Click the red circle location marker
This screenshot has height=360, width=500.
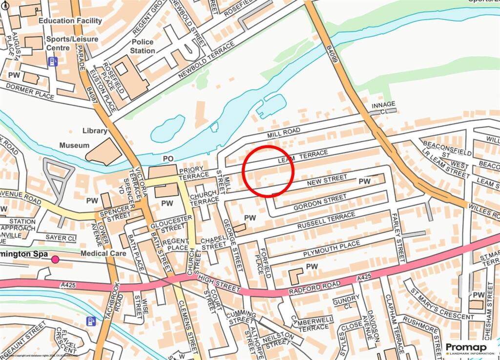click(x=268, y=171)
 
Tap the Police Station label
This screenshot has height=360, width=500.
click(x=143, y=46)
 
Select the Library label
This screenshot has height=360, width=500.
click(x=95, y=131)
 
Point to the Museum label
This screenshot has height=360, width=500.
click(x=74, y=145)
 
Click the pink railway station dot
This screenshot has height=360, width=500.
click(x=55, y=259)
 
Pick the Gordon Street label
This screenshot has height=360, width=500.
click(x=320, y=202)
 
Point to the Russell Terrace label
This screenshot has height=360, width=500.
click(x=327, y=221)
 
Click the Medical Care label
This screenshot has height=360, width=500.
click(x=104, y=254)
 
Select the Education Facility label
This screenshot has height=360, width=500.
click(x=70, y=21)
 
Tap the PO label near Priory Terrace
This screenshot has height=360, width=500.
click(x=168, y=159)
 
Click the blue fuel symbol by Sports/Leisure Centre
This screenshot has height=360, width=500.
click(x=53, y=61)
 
